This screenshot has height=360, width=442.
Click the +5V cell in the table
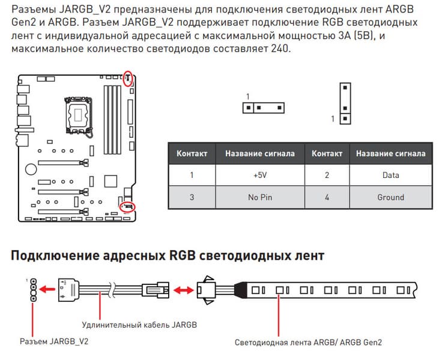pyautogui.click(x=259, y=175)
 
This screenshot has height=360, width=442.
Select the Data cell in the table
pyautogui.click(x=390, y=175)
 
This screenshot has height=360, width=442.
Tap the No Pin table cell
pyautogui.click(x=259, y=197)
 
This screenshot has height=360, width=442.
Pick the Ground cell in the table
pyautogui.click(x=390, y=197)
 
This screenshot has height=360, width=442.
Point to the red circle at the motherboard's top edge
pyautogui.click(x=127, y=78)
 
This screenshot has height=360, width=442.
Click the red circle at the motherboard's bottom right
pyautogui.click(x=128, y=207)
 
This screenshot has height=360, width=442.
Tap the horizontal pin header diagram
pyautogui.click(x=263, y=108)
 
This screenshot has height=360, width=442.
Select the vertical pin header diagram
pyautogui.click(x=345, y=103)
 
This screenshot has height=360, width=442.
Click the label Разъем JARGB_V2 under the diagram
pyautogui.click(x=54, y=341)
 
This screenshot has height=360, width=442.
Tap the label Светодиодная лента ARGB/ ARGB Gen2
pyautogui.click(x=308, y=342)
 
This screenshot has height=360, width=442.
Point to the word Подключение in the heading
pyautogui.click(x=53, y=255)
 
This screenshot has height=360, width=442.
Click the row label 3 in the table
pyautogui.click(x=192, y=197)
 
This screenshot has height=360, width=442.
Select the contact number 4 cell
pyautogui.click(x=327, y=197)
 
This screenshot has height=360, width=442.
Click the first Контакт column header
pyautogui.click(x=192, y=154)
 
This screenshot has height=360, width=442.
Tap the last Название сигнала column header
pyautogui.click(x=390, y=154)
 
